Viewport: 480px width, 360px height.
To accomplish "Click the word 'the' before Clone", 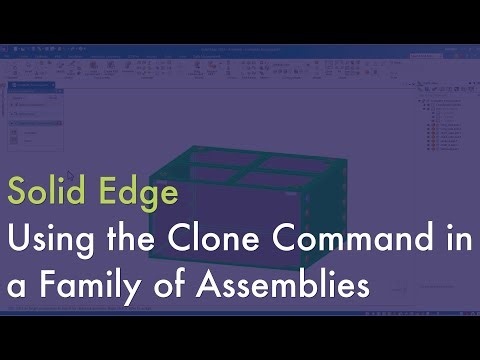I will point(125,240).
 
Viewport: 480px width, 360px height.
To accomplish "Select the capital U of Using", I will point(17,240).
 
